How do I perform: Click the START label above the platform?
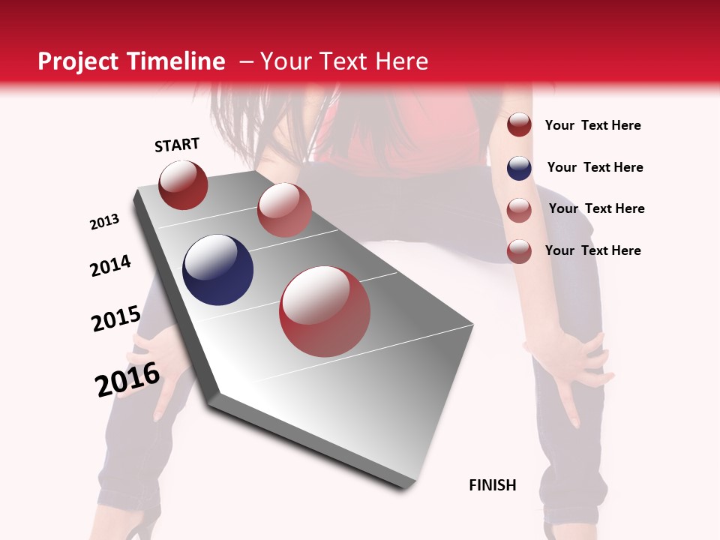pyautogui.click(x=177, y=145)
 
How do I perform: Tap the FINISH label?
pyautogui.click(x=492, y=485)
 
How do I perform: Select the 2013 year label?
pyautogui.click(x=104, y=222)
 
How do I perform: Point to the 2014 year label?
pyautogui.click(x=110, y=266)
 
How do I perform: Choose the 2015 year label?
pyautogui.click(x=115, y=319)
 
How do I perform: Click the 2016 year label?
pyautogui.click(x=127, y=379)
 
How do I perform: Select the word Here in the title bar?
pyautogui.click(x=401, y=61)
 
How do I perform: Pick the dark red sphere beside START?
pyautogui.click(x=183, y=184)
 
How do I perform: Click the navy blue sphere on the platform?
pyautogui.click(x=217, y=270)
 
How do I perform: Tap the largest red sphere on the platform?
pyautogui.click(x=325, y=311)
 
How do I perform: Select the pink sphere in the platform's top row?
pyautogui.click(x=284, y=210)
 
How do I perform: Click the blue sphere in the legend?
pyautogui.click(x=519, y=168)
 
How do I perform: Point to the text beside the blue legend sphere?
pyautogui.click(x=595, y=167)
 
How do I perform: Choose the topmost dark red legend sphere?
pyautogui.click(x=519, y=125)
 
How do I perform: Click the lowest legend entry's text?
pyautogui.click(x=592, y=250)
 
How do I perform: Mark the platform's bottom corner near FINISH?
pyautogui.click(x=403, y=487)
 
